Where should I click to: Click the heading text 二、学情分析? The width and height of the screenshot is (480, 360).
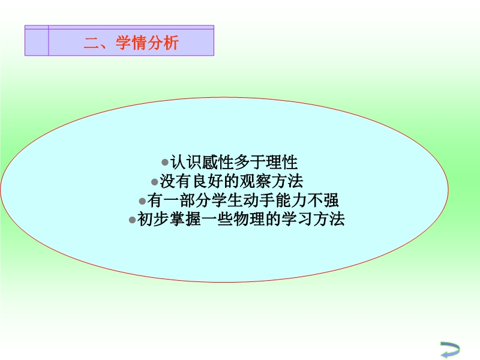coord(131,42)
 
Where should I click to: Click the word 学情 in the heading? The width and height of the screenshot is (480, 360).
coord(131,42)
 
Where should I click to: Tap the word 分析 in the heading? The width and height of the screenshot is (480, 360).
coord(163,42)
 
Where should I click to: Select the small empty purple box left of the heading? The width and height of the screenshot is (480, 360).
coord(37,42)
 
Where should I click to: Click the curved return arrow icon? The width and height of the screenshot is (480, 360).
coord(450,349)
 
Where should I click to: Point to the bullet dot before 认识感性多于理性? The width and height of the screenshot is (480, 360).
coord(165,162)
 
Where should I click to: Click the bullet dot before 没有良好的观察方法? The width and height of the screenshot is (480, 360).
coord(155,182)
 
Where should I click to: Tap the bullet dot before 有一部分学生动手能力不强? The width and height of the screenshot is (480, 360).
coord(142,201)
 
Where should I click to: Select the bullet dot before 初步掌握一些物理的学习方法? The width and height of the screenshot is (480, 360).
coord(132,220)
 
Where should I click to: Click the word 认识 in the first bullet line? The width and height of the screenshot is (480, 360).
coord(186,162)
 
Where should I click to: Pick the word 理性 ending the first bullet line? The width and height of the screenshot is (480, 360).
coord(281,162)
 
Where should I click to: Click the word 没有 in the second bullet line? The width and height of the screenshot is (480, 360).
coord(175,181)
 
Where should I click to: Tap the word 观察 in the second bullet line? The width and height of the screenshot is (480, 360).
coord(255,181)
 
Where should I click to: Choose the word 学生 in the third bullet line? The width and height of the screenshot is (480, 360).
coord(227,200)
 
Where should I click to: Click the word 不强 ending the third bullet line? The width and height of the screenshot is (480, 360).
coord(322,200)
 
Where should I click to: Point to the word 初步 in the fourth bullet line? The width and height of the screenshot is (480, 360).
coord(153,219)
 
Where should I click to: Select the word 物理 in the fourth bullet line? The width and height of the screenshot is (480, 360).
coord(249,219)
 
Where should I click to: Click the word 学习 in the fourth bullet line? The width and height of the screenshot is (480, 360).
coord(296,219)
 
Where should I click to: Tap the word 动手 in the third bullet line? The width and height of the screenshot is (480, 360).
coord(259,200)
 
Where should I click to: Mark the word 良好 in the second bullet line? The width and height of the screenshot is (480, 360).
coord(207,181)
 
